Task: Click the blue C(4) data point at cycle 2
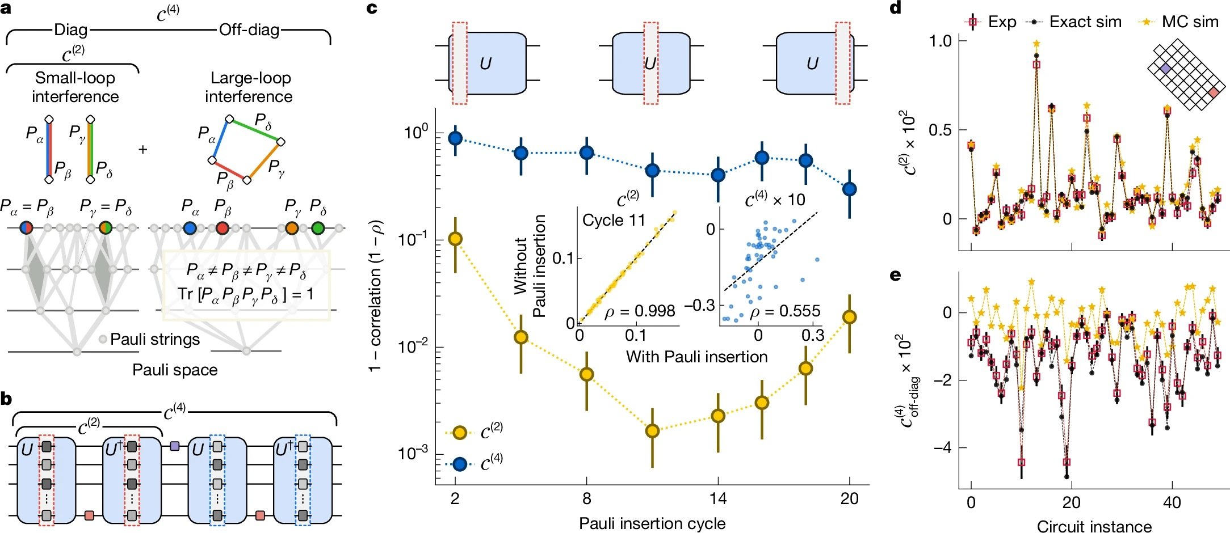(x=455, y=138)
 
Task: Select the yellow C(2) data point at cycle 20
(x=849, y=317)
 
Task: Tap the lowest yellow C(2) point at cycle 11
(x=653, y=431)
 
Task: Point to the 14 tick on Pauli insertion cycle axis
(x=718, y=499)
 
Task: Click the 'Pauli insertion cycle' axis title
(x=652, y=523)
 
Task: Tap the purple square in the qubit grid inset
(x=1165, y=68)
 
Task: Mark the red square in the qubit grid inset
(x=1214, y=92)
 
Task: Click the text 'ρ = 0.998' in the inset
(x=640, y=311)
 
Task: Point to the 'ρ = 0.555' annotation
(x=785, y=311)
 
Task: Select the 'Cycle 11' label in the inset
(x=614, y=220)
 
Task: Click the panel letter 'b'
(x=6, y=399)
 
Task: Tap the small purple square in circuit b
(x=175, y=446)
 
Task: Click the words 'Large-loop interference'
(x=249, y=87)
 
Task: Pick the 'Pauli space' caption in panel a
(x=175, y=370)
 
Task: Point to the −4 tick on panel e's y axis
(x=942, y=448)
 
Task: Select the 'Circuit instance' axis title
(x=1094, y=526)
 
